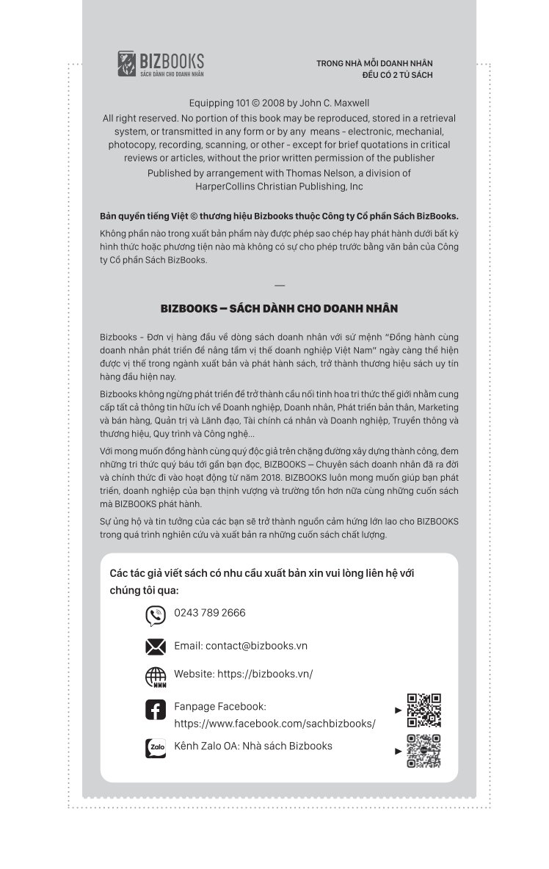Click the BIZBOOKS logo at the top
point(161,64)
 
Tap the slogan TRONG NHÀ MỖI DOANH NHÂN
point(374,63)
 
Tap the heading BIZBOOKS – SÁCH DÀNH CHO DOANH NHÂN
point(279,309)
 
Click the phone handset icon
point(156,615)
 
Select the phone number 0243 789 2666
point(210,613)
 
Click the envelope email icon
point(156,647)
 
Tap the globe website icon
point(156,677)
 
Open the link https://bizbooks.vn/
point(265,674)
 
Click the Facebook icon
point(156,710)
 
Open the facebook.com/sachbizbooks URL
point(274,724)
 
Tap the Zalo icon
point(156,748)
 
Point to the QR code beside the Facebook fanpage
point(423,710)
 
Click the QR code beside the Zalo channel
point(423,751)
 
